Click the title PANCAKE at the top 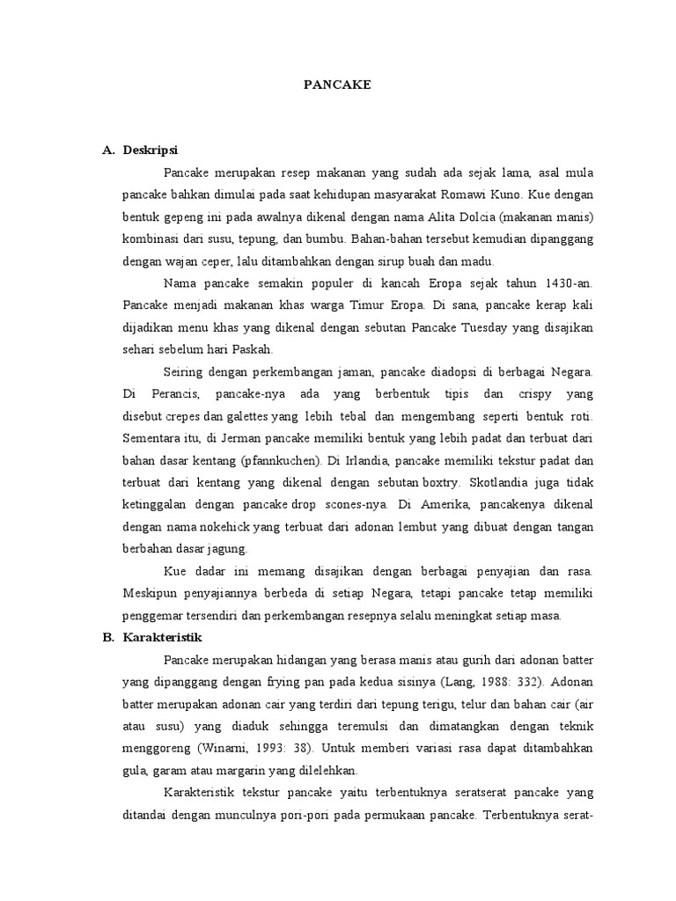[337, 85]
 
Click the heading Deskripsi [151, 150]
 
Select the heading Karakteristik [164, 637]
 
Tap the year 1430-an [548, 283]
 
